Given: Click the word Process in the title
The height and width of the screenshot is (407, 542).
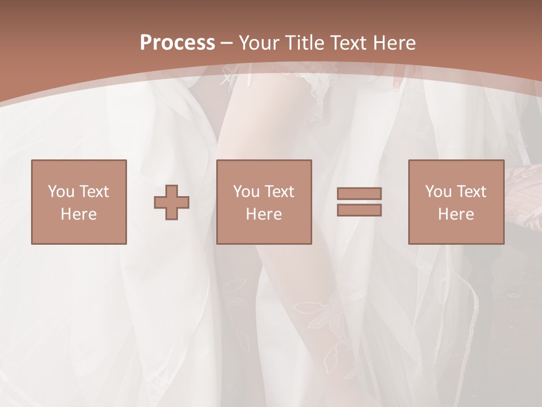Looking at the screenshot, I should pyautogui.click(x=177, y=43).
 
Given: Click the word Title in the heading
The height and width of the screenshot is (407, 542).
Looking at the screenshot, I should pyautogui.click(x=304, y=43).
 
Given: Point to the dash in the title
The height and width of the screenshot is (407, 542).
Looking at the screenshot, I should pyautogui.click(x=226, y=43).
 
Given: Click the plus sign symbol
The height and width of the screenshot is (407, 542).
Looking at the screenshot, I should pyautogui.click(x=172, y=202).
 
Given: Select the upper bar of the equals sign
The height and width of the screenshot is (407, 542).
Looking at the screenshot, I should pyautogui.click(x=359, y=193).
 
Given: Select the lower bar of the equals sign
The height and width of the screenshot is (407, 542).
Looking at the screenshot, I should pyautogui.click(x=359, y=210).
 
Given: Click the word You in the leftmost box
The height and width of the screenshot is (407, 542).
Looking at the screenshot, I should pyautogui.click(x=61, y=192).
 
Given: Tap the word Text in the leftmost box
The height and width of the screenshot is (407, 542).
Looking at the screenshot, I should pyautogui.click(x=94, y=192).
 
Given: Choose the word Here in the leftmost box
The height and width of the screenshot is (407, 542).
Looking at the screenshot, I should pyautogui.click(x=78, y=214).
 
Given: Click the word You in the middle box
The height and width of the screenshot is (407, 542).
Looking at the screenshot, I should pyautogui.click(x=246, y=192).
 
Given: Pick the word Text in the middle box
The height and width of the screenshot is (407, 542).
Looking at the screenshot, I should pyautogui.click(x=279, y=192).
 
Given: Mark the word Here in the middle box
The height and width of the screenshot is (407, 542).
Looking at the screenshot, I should pyautogui.click(x=264, y=214).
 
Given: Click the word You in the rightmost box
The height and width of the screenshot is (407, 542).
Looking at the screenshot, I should pyautogui.click(x=438, y=192).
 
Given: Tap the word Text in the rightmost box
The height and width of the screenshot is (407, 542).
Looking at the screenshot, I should pyautogui.click(x=471, y=192).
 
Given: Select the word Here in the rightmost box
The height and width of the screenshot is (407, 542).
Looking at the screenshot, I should pyautogui.click(x=456, y=214).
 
